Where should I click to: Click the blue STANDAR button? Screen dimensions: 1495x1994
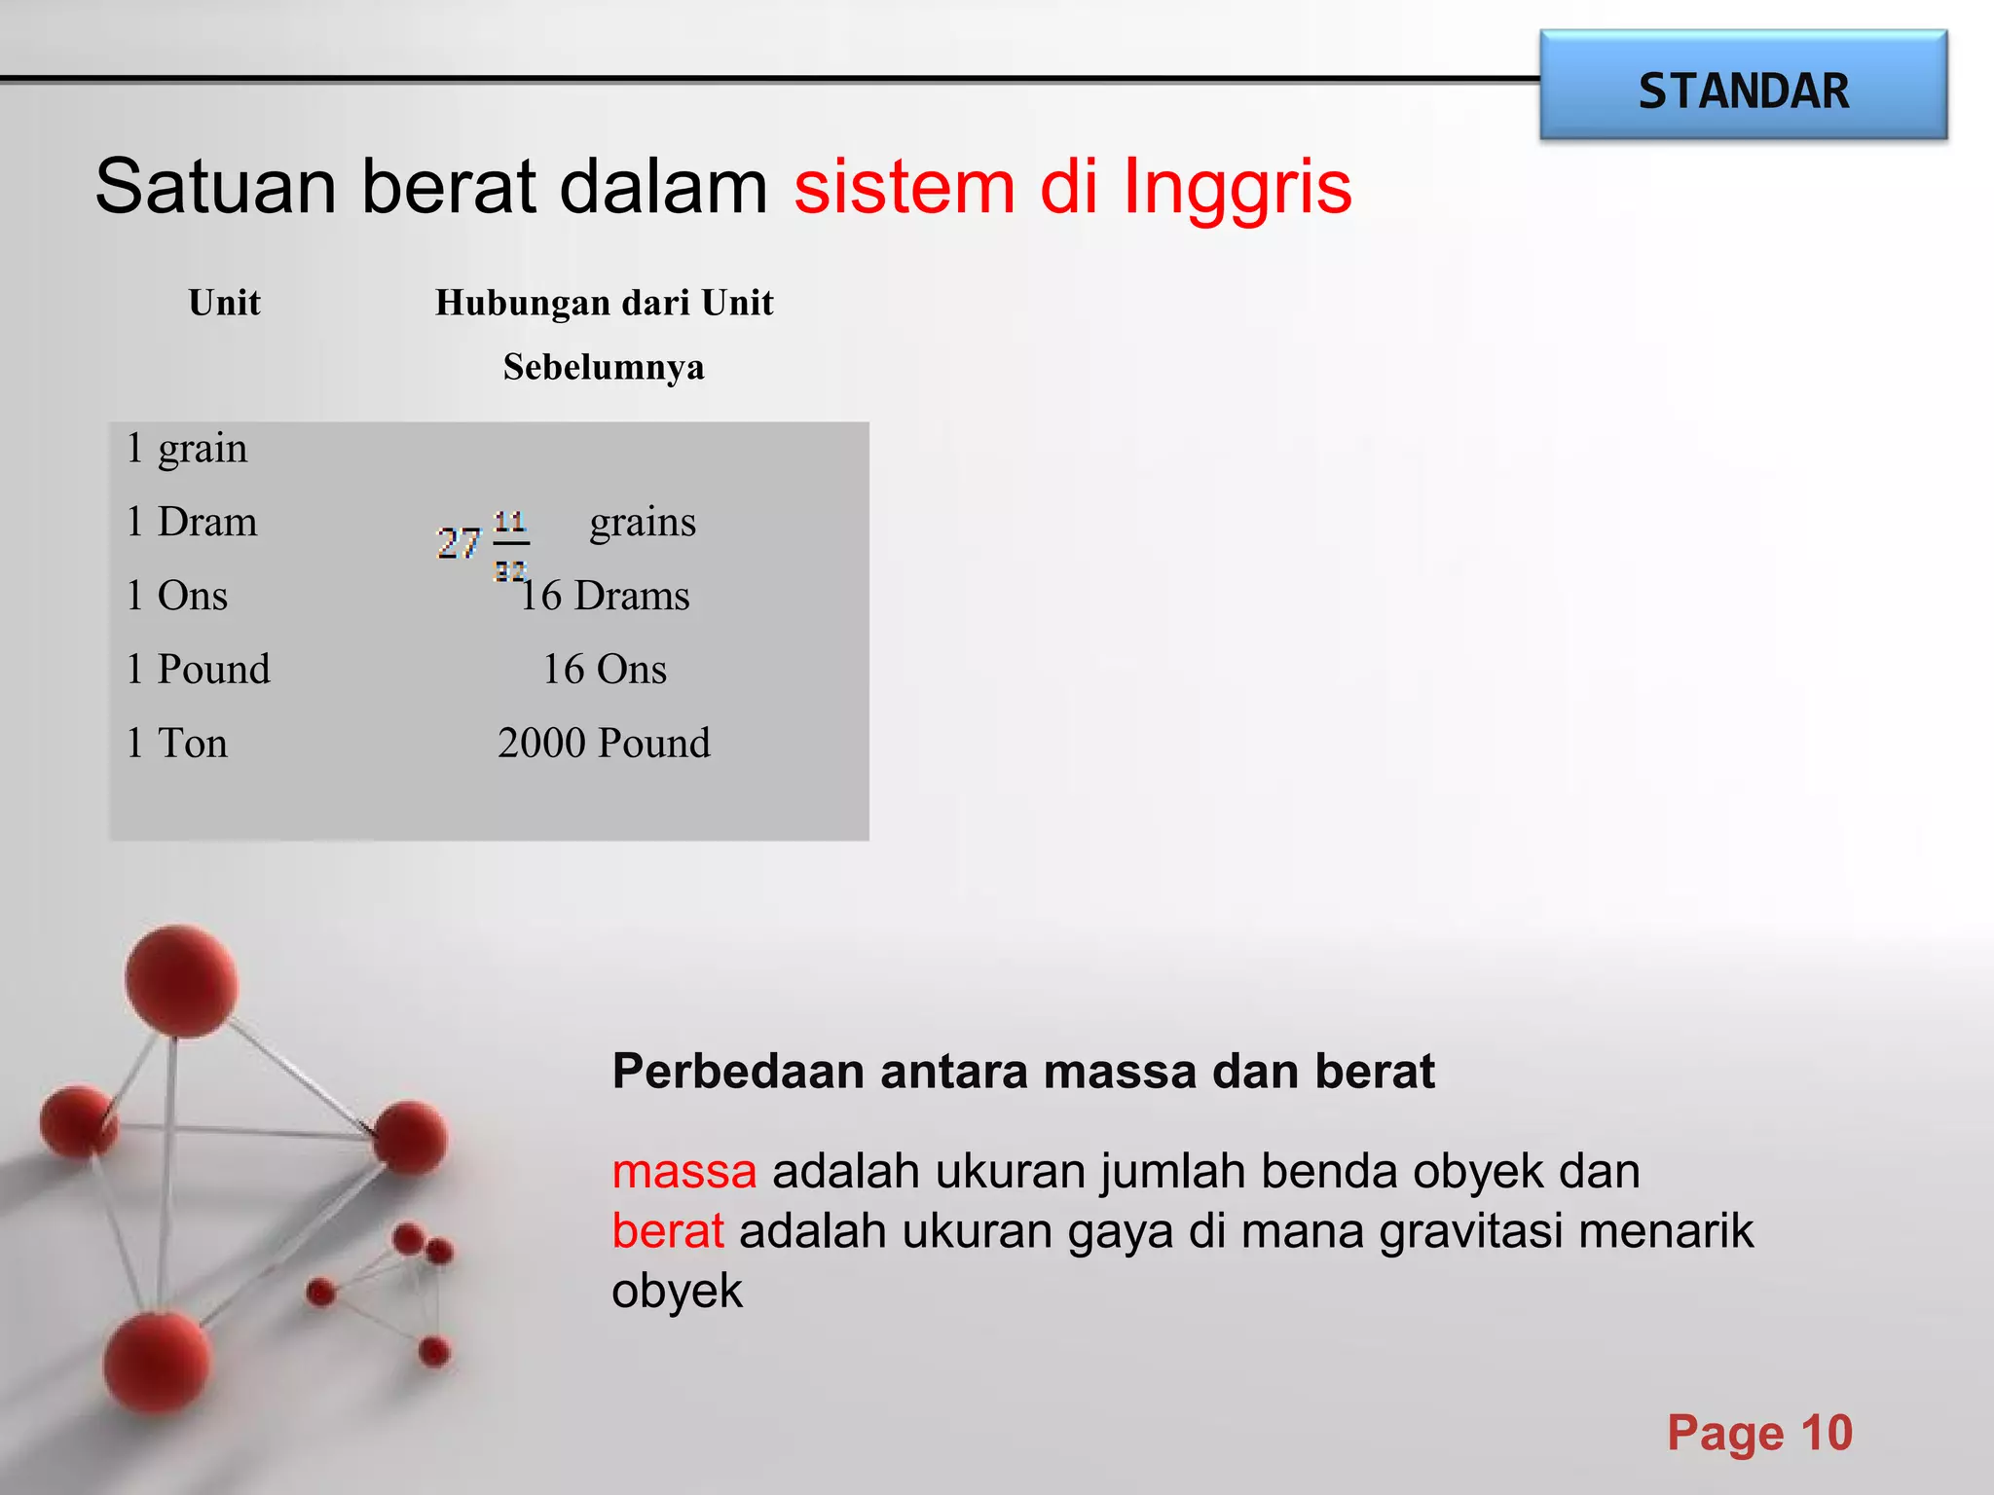tap(1743, 86)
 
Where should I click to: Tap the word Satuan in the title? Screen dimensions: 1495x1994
tap(215, 186)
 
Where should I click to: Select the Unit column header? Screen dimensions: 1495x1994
tap(225, 303)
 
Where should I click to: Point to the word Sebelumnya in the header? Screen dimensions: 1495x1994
tap(604, 367)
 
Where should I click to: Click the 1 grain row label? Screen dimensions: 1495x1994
tap(187, 448)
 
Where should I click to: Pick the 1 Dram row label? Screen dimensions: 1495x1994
tap(192, 522)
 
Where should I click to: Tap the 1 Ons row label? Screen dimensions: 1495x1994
tap(177, 596)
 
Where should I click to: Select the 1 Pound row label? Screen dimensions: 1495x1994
tap(199, 670)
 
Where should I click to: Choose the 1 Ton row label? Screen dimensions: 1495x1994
tap(177, 744)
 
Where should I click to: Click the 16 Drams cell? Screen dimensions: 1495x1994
tap(605, 596)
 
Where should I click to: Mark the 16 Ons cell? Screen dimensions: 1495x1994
tap(605, 670)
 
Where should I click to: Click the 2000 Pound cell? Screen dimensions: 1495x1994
tap(604, 744)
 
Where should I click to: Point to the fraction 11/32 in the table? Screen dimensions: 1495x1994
tap(510, 545)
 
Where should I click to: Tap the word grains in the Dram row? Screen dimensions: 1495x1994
tap(643, 522)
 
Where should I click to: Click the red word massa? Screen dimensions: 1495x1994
tap(684, 1171)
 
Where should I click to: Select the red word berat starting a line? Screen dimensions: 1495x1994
tap(668, 1231)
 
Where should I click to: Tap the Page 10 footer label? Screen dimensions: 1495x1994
tap(1759, 1433)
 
